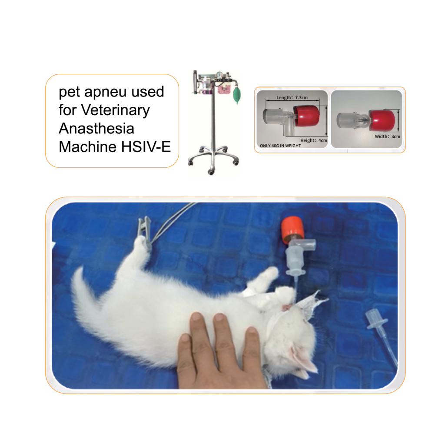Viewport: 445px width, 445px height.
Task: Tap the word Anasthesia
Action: click(x=96, y=129)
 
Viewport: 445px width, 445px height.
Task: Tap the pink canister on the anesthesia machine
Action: click(x=224, y=90)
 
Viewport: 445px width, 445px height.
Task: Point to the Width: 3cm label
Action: click(x=387, y=136)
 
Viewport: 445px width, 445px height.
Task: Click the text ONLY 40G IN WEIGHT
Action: click(x=279, y=146)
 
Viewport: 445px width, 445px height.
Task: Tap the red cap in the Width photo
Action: click(x=383, y=120)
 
